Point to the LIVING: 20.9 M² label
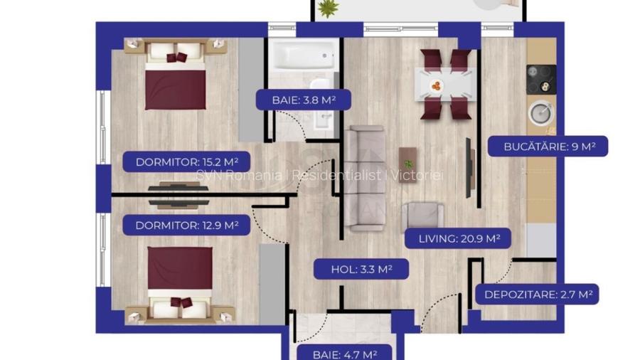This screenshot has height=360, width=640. pyautogui.click(x=458, y=239)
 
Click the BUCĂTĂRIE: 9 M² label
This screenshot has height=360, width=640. pyautogui.click(x=548, y=147)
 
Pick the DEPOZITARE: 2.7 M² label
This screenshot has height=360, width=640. pyautogui.click(x=538, y=294)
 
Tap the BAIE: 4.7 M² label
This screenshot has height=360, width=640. pyautogui.click(x=344, y=353)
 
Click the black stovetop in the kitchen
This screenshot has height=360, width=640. pyautogui.click(x=540, y=78)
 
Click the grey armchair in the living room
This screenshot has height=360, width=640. pyautogui.click(x=422, y=216)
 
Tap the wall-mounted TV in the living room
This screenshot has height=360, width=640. pyautogui.click(x=469, y=167)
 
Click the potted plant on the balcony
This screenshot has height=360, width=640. pyautogui.click(x=328, y=8)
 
